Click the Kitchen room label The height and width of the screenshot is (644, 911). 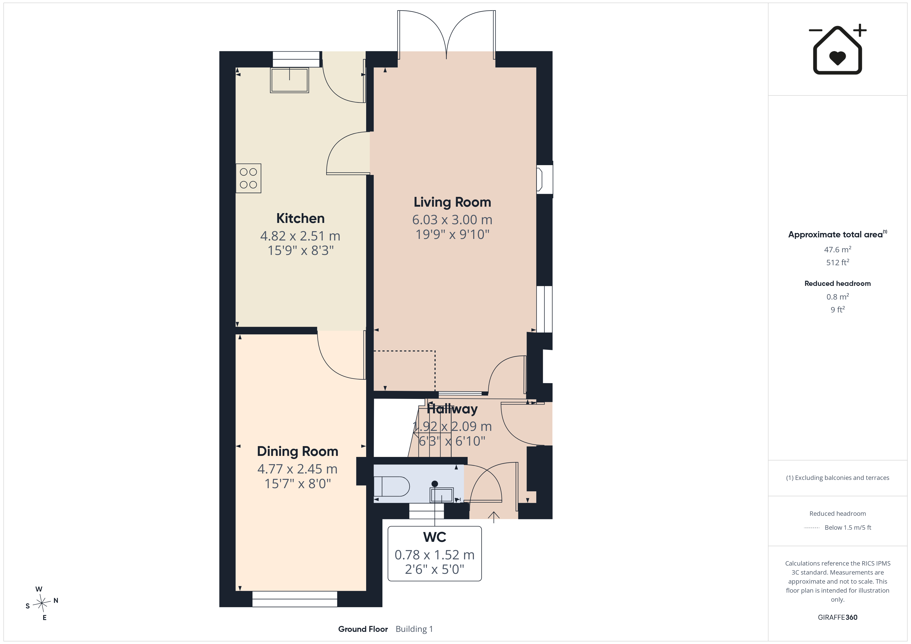tap(300, 219)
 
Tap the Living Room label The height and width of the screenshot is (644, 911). tap(452, 202)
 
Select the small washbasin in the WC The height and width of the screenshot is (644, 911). tap(442, 495)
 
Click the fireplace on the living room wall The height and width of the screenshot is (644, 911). tap(544, 180)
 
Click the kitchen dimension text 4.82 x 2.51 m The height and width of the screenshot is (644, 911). tap(300, 236)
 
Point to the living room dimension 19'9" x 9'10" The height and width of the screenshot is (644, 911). tap(452, 234)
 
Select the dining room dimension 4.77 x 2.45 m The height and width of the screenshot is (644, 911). tap(297, 469)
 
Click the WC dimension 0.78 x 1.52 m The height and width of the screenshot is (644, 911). tap(435, 555)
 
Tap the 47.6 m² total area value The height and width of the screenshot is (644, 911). tap(838, 249)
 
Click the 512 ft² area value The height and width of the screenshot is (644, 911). tap(838, 262)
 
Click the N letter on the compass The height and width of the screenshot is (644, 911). tap(56, 600)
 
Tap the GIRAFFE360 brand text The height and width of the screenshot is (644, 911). tap(838, 617)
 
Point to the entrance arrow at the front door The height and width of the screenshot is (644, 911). tap(494, 517)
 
